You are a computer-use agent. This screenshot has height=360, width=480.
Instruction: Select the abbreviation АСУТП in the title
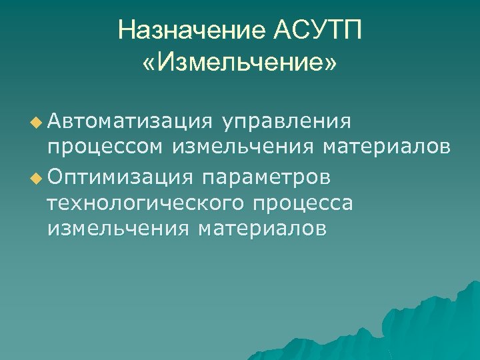pos(317,30)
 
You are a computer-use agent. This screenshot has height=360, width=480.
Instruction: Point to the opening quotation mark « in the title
pos(149,65)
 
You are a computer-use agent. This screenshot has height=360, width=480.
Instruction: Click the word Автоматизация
pos(129,121)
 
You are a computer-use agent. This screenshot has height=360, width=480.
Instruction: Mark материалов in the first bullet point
pos(387,147)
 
